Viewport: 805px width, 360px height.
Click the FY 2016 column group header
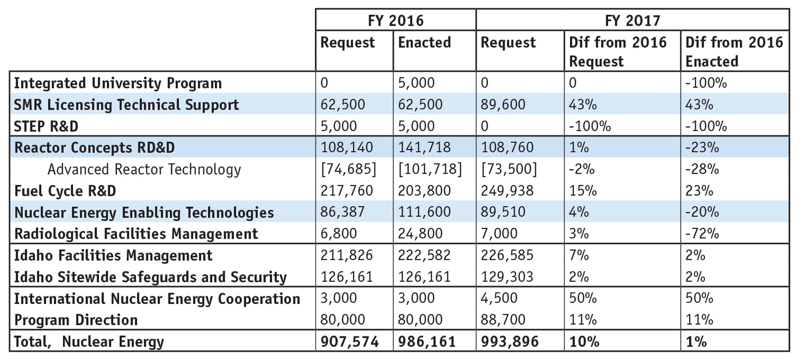395,20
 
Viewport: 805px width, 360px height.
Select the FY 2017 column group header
632,20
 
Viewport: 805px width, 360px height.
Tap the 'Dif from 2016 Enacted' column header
734,52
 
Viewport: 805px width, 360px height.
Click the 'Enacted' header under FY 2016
424,42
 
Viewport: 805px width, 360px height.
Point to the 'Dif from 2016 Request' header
617,52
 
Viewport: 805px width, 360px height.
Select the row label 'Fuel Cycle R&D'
65,191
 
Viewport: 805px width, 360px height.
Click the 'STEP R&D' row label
46,126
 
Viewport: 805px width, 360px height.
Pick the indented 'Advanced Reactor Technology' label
144,169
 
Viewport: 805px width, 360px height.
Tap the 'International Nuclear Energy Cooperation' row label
157,299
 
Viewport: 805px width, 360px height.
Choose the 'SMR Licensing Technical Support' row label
126,104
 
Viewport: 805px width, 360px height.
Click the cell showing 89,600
503,104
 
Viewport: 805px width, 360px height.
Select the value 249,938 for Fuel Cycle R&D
507,191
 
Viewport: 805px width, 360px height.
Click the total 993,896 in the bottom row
510,342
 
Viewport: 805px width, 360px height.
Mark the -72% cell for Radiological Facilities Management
702,234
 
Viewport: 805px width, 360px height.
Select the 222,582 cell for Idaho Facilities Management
424,256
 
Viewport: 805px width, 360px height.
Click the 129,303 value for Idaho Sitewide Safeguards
507,277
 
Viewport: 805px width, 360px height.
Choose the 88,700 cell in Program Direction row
503,320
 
